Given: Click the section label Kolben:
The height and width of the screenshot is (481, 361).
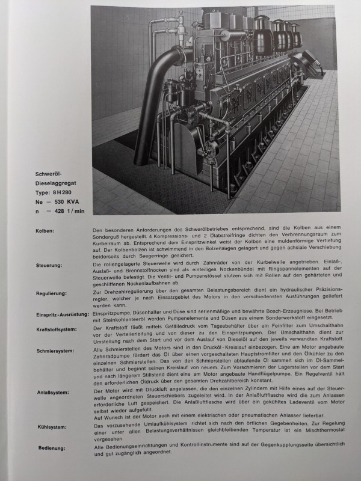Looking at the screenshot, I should pyautogui.click(x=45, y=230).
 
